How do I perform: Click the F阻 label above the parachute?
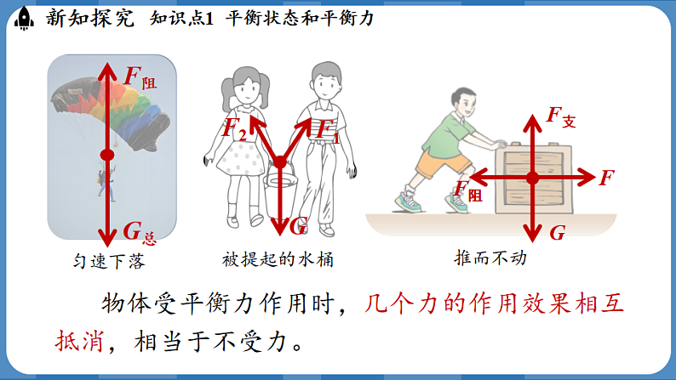pos(140,76)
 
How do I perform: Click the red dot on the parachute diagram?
pos(106,155)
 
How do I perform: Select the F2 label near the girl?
pos(233,129)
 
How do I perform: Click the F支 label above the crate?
pos(560,116)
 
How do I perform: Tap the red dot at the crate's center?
pos(532,178)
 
